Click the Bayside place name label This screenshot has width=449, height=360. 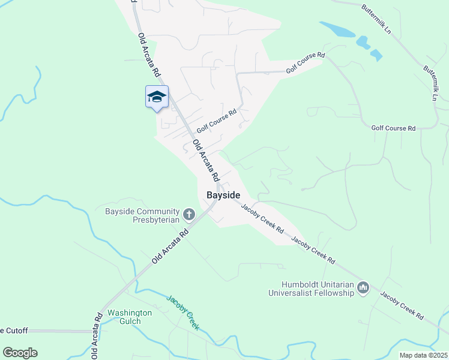pyautogui.click(x=223, y=196)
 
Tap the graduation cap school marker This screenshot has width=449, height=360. pyautogui.click(x=157, y=97)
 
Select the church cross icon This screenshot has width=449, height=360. pyautogui.click(x=189, y=214)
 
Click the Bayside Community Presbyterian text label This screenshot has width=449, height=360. pyautogui.click(x=142, y=215)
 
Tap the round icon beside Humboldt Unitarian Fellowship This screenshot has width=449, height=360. pyautogui.click(x=363, y=289)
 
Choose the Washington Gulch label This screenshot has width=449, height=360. pyautogui.click(x=130, y=317)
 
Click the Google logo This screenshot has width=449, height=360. pyautogui.click(x=20, y=353)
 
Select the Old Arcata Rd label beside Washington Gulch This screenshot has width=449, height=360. pyautogui.click(x=96, y=337)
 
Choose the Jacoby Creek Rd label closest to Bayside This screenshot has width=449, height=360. pyautogui.click(x=262, y=218)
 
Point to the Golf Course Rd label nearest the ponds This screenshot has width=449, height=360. pyautogui.click(x=305, y=63)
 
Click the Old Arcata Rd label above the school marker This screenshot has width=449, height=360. pyautogui.click(x=149, y=54)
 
